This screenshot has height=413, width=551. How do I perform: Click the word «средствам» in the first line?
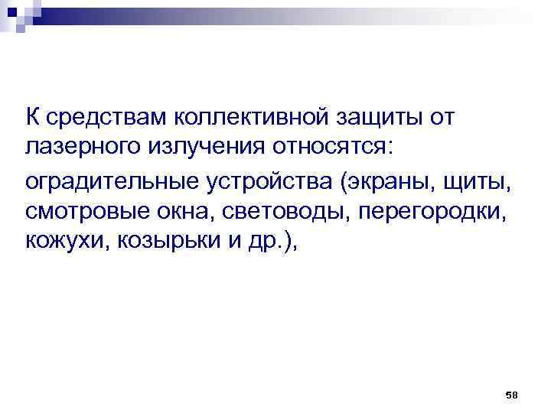point(104,119)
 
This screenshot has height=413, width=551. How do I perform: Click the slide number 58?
point(512,394)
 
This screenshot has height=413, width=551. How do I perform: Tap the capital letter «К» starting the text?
point(33,119)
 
